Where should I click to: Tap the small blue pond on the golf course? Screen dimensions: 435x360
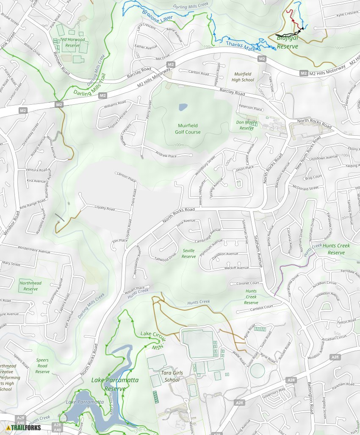(183, 107)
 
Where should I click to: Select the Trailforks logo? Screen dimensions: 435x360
(24, 427)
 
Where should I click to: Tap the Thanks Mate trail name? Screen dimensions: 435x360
(241, 46)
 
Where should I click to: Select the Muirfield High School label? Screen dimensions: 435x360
(243, 77)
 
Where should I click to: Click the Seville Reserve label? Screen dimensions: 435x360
(189, 254)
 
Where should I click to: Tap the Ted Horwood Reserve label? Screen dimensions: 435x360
(72, 42)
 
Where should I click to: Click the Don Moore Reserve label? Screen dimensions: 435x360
(246, 125)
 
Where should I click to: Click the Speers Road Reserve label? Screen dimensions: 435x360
(42, 366)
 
